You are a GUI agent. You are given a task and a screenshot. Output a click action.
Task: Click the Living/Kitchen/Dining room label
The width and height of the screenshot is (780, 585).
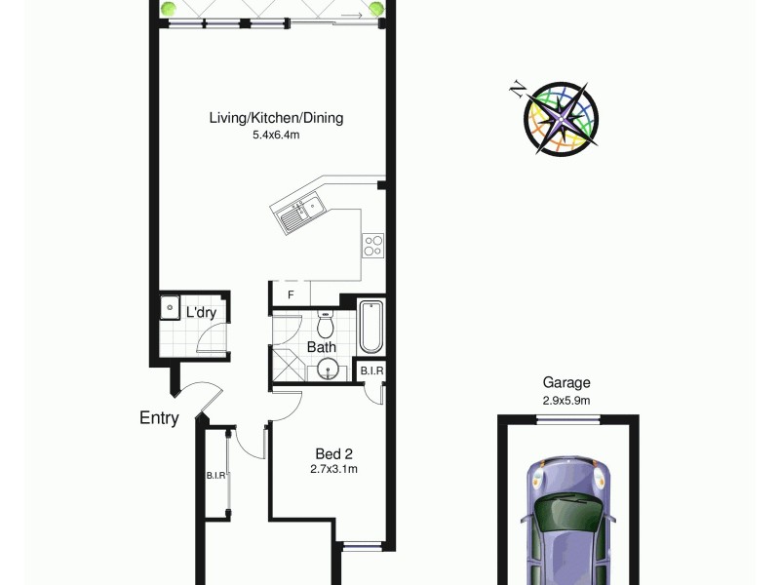point(276,118)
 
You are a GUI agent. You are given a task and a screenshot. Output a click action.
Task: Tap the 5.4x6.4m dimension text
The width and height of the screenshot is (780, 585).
point(276,135)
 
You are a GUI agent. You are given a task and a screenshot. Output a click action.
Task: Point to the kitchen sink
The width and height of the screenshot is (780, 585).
point(301,213)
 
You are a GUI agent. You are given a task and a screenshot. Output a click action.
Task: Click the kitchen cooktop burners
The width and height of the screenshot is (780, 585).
point(373,244)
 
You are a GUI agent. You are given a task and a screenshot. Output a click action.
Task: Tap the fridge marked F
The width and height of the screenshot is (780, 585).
point(290,294)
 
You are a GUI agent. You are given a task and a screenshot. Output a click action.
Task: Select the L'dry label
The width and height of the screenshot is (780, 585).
point(201,313)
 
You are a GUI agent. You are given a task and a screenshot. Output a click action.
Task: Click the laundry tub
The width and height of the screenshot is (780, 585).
point(170,311)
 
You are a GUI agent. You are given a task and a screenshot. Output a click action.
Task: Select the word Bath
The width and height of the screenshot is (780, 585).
point(321,347)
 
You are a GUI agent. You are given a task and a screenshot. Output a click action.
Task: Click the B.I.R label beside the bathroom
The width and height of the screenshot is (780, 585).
point(371,371)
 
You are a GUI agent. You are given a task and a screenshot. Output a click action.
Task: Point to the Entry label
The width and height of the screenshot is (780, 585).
point(159,418)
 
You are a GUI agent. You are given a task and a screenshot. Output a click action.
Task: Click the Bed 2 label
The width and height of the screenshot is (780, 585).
point(333,453)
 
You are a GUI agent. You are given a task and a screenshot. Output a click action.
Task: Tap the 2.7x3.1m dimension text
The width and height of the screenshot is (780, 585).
point(333,469)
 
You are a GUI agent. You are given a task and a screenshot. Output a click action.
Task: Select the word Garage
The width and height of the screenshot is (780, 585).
point(566,383)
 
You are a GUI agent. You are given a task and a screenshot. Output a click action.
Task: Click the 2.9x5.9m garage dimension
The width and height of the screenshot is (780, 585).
point(566,400)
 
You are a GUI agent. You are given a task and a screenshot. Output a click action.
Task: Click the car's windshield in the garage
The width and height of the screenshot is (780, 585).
point(568,512)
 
